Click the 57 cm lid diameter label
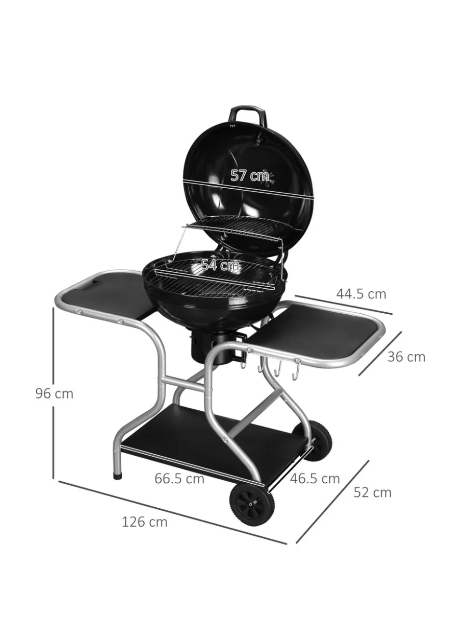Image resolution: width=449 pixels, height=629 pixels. [x=249, y=175]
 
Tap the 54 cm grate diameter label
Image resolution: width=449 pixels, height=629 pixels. [x=221, y=265]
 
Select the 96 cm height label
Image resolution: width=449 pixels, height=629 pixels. [x=54, y=393]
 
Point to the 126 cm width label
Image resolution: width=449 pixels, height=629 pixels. [x=144, y=522]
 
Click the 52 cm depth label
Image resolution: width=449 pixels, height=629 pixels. [x=372, y=492]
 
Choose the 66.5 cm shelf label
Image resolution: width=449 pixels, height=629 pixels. [x=179, y=478]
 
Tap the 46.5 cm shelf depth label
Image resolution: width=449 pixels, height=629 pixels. [x=315, y=478]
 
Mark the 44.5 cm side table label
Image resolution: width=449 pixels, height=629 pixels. [x=361, y=294]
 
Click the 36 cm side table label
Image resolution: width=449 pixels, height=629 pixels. [x=406, y=357]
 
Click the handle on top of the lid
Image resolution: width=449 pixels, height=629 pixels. [x=249, y=113]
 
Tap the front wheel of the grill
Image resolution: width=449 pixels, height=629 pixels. [x=252, y=505]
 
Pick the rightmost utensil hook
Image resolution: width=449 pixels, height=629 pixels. [x=297, y=371]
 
